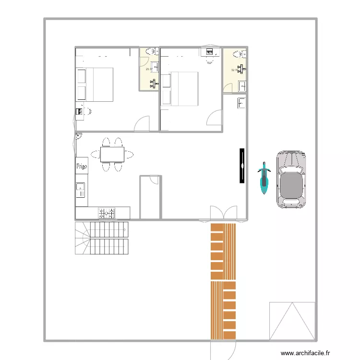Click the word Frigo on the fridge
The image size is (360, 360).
81,166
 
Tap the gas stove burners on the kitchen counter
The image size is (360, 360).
107,213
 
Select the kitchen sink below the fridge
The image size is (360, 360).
81,190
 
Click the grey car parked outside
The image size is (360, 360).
291,180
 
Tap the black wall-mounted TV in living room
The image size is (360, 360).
242,166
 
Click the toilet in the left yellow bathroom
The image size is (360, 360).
150,51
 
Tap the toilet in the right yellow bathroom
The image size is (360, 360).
237,55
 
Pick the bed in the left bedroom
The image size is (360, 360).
95,84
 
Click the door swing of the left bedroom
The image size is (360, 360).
143,124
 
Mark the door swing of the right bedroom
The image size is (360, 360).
215,118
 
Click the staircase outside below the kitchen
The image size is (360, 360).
102,238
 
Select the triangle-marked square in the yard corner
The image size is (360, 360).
292,320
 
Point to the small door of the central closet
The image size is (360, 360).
155,180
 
